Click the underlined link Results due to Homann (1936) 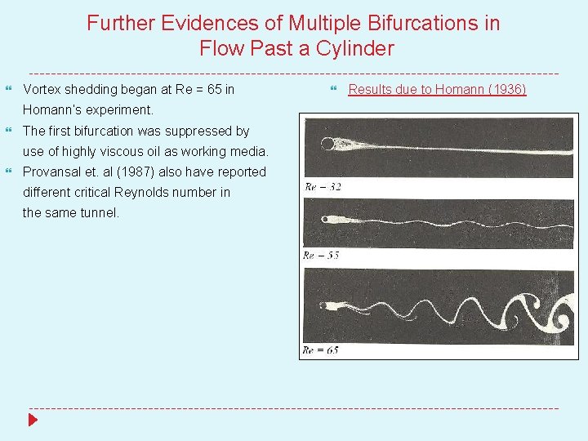point(437,89)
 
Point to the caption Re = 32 point(323,187)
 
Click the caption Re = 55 point(321,256)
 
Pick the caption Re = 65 point(321,350)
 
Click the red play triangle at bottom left point(33,421)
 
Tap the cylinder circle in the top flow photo point(327,145)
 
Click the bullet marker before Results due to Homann point(334,89)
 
